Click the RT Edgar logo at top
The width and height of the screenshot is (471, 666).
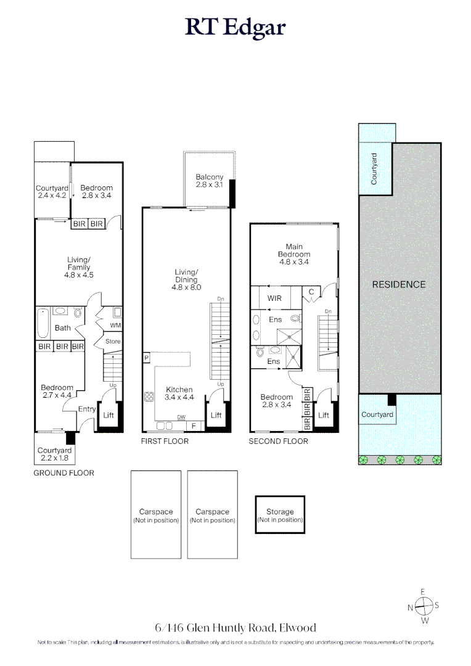pyautogui.click(x=236, y=28)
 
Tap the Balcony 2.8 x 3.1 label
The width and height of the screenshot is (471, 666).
pyautogui.click(x=209, y=181)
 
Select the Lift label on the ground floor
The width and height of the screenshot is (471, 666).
pyautogui.click(x=109, y=416)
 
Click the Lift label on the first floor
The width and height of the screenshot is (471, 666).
pyautogui.click(x=216, y=416)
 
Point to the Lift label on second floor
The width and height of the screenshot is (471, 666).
pyautogui.click(x=324, y=416)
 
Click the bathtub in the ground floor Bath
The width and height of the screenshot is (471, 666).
pyautogui.click(x=43, y=324)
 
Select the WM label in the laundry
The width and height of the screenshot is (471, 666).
pyautogui.click(x=115, y=325)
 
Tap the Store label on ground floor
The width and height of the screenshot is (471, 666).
pyautogui.click(x=113, y=342)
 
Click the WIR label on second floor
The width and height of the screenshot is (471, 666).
pyautogui.click(x=275, y=298)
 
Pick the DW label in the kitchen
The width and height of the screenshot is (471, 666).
pyautogui.click(x=181, y=417)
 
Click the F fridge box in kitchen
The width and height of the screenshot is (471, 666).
pyautogui.click(x=194, y=425)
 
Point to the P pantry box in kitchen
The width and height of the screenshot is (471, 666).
pyautogui.click(x=147, y=358)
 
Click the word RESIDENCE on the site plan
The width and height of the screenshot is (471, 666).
pyautogui.click(x=399, y=284)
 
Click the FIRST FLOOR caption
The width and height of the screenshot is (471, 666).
pyautogui.click(x=165, y=442)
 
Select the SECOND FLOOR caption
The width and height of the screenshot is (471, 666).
pyautogui.click(x=278, y=442)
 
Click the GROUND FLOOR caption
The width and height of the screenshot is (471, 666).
pyautogui.click(x=63, y=473)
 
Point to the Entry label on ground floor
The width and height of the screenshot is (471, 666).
pyautogui.click(x=87, y=409)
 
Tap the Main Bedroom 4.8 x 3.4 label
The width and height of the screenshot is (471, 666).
pyautogui.click(x=294, y=253)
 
